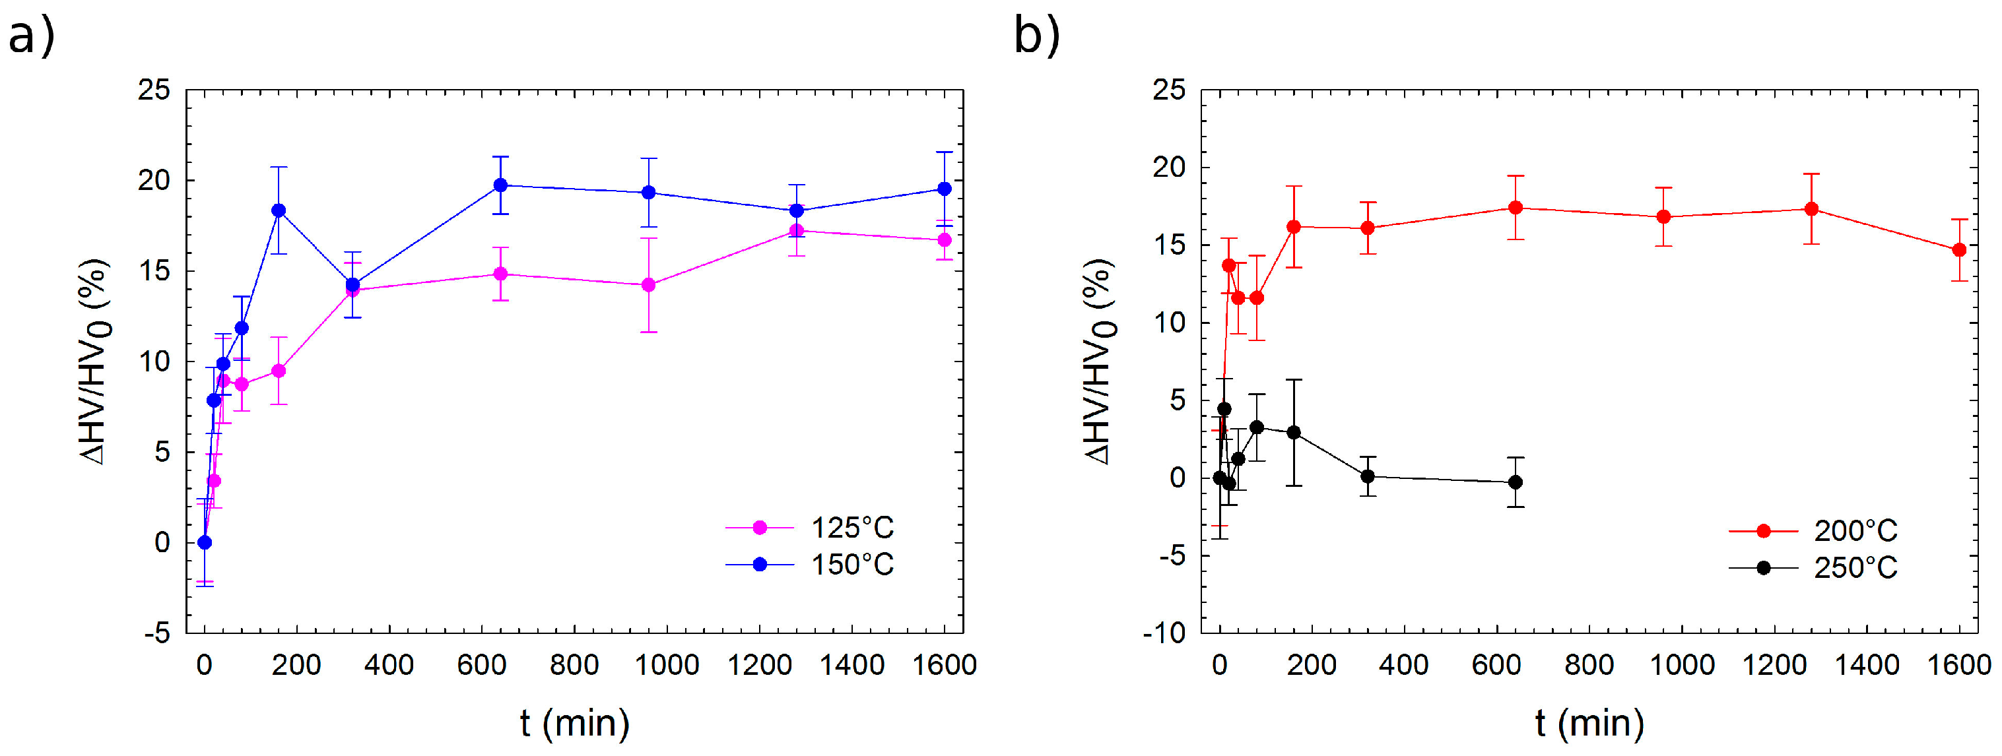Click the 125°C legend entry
coord(810,528)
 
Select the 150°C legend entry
coord(810,564)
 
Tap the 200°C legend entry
coord(1813,530)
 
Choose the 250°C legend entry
coord(1813,568)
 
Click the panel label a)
coord(32,36)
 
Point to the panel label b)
coord(1038,36)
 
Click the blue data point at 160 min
coord(279,210)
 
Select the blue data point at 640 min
coord(500,185)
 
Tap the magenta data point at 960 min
coord(648,285)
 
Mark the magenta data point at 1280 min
coord(797,231)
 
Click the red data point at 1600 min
coord(1959,250)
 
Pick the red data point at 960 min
coord(1663,217)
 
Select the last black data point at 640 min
coord(1516,482)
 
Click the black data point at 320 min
coord(1368,476)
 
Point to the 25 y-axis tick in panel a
coord(153,90)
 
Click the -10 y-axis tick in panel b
coord(1164,633)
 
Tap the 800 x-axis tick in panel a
coord(574,665)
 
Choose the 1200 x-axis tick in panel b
coord(1774,665)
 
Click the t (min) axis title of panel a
coord(574,724)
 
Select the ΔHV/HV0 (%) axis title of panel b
coord(1100,362)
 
